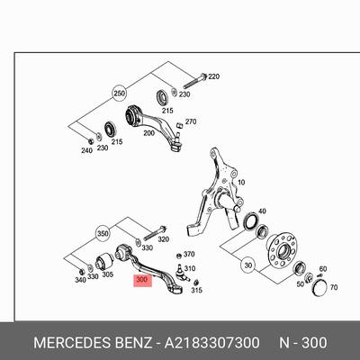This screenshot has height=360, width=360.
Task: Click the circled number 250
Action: pyautogui.click(x=119, y=94)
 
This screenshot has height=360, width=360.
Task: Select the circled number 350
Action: pyautogui.click(x=103, y=234)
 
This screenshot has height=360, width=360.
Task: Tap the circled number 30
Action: pyautogui.click(x=248, y=265)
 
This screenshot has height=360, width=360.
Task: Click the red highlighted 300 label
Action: pyautogui.click(x=143, y=281)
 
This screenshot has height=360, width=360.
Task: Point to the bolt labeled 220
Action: pyautogui.click(x=195, y=80)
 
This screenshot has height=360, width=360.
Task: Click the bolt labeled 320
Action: pyautogui.click(x=155, y=233)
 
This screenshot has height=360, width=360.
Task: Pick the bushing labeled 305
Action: pyautogui.click(x=103, y=261)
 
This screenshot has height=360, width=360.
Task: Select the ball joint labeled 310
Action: pyautogui.click(x=182, y=273)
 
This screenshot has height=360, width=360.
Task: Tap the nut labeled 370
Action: pyautogui.click(x=179, y=256)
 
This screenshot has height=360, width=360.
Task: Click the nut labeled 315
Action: pyautogui.click(x=196, y=282)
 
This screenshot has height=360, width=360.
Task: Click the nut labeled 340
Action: pyautogui.click(x=81, y=272)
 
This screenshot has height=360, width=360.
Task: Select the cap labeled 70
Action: pyautogui.click(x=320, y=288)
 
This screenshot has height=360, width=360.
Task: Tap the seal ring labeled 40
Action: pyautogui.click(x=251, y=221)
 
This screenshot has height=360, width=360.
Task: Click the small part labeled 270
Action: pyautogui.click(x=180, y=125)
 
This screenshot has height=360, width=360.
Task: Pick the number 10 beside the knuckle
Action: pyautogui.click(x=241, y=182)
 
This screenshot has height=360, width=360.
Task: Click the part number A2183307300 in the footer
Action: pyautogui.click(x=211, y=343)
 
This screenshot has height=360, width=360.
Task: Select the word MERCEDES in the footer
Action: pyautogui.click(x=72, y=343)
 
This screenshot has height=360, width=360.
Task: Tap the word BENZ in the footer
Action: pyautogui.click(x=133, y=343)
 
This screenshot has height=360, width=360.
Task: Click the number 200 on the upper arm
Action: pyautogui.click(x=149, y=133)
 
